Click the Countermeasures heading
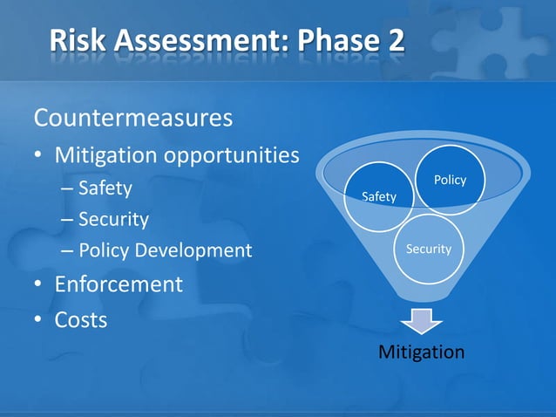click(x=132, y=116)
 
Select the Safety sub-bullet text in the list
click(x=105, y=188)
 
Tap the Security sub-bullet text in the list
click(x=113, y=219)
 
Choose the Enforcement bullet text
click(x=119, y=284)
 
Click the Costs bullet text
click(x=81, y=320)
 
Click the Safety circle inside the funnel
click(x=378, y=197)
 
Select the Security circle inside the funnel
click(x=428, y=250)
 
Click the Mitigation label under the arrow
click(x=421, y=352)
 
